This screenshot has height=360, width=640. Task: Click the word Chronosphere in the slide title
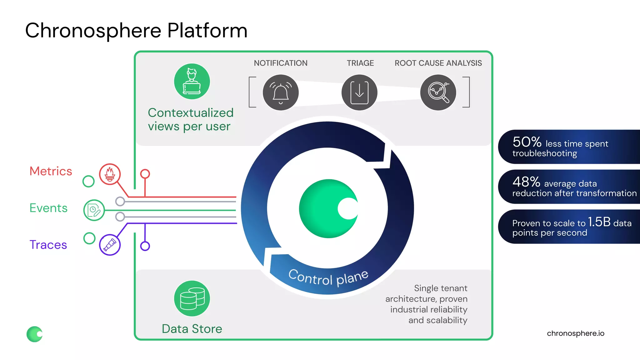93,31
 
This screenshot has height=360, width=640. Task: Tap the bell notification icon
281,92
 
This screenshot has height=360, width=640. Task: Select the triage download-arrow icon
359,92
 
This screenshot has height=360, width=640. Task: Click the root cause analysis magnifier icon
438,92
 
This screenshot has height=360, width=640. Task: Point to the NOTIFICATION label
281,63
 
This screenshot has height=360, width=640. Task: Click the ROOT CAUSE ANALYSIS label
438,63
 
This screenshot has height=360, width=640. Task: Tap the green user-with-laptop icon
192,82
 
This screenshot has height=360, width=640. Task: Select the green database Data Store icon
192,298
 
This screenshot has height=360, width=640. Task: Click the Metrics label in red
51,171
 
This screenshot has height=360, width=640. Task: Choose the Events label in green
48,208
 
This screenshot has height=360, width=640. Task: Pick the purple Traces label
48,245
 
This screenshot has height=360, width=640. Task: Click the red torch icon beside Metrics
110,174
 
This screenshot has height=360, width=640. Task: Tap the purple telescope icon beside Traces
110,245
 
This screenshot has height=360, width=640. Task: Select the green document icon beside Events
94,210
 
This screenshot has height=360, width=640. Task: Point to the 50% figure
527,142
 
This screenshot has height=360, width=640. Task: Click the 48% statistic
526,182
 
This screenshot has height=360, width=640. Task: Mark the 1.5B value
599,222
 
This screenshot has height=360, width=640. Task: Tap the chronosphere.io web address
575,333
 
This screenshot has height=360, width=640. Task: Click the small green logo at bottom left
34,334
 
